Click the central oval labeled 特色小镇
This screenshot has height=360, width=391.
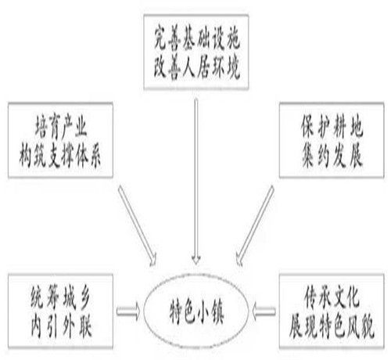(x=196, y=312)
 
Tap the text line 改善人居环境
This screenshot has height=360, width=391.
(x=197, y=67)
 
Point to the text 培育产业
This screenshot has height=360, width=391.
(x=61, y=127)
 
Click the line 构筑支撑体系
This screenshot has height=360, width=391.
(x=60, y=156)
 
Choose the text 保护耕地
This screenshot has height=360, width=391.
(x=332, y=127)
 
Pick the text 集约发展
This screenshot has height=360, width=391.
(x=332, y=156)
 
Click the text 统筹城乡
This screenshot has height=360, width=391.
(x=61, y=298)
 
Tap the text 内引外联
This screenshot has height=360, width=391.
(x=61, y=326)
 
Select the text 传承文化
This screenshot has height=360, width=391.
(x=332, y=298)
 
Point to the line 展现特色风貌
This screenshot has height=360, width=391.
(x=332, y=326)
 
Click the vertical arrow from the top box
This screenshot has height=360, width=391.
(x=196, y=182)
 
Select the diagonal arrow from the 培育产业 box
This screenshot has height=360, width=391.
(x=138, y=226)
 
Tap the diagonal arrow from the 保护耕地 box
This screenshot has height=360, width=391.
(x=255, y=226)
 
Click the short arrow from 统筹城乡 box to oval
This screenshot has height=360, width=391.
(x=128, y=311)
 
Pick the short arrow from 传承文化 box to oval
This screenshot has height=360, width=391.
(x=264, y=311)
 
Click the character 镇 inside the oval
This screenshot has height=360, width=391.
(x=217, y=312)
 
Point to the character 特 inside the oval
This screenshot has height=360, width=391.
(x=176, y=312)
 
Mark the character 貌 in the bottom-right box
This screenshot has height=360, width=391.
(x=368, y=326)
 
